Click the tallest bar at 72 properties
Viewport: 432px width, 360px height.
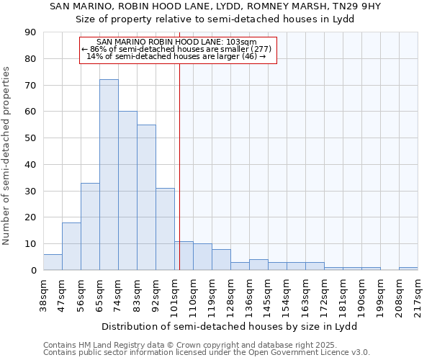pyautogui.click(x=109, y=175)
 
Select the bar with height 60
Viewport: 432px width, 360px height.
pyautogui.click(x=127, y=191)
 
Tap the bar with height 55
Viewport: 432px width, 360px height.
pyautogui.click(x=146, y=197)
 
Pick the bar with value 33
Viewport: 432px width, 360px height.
pyautogui.click(x=90, y=227)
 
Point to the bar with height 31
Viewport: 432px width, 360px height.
pyautogui.click(x=165, y=229)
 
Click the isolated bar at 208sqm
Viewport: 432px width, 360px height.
pyautogui.click(x=408, y=269)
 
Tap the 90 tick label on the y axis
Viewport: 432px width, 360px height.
pyautogui.click(x=30, y=32)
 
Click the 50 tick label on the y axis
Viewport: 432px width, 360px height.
pyautogui.click(x=30, y=138)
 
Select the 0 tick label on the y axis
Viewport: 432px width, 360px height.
pyautogui.click(x=33, y=271)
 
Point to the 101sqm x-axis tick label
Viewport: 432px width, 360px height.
pyautogui.click(x=175, y=294)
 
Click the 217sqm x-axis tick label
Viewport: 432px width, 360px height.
pyautogui.click(x=418, y=294)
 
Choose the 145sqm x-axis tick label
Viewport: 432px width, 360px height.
pyautogui.click(x=269, y=294)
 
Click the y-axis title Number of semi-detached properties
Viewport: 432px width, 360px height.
pyautogui.click(x=7, y=155)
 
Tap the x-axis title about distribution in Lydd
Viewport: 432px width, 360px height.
pyautogui.click(x=230, y=326)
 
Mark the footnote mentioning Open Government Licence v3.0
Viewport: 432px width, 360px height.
pyautogui.click(x=207, y=352)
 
